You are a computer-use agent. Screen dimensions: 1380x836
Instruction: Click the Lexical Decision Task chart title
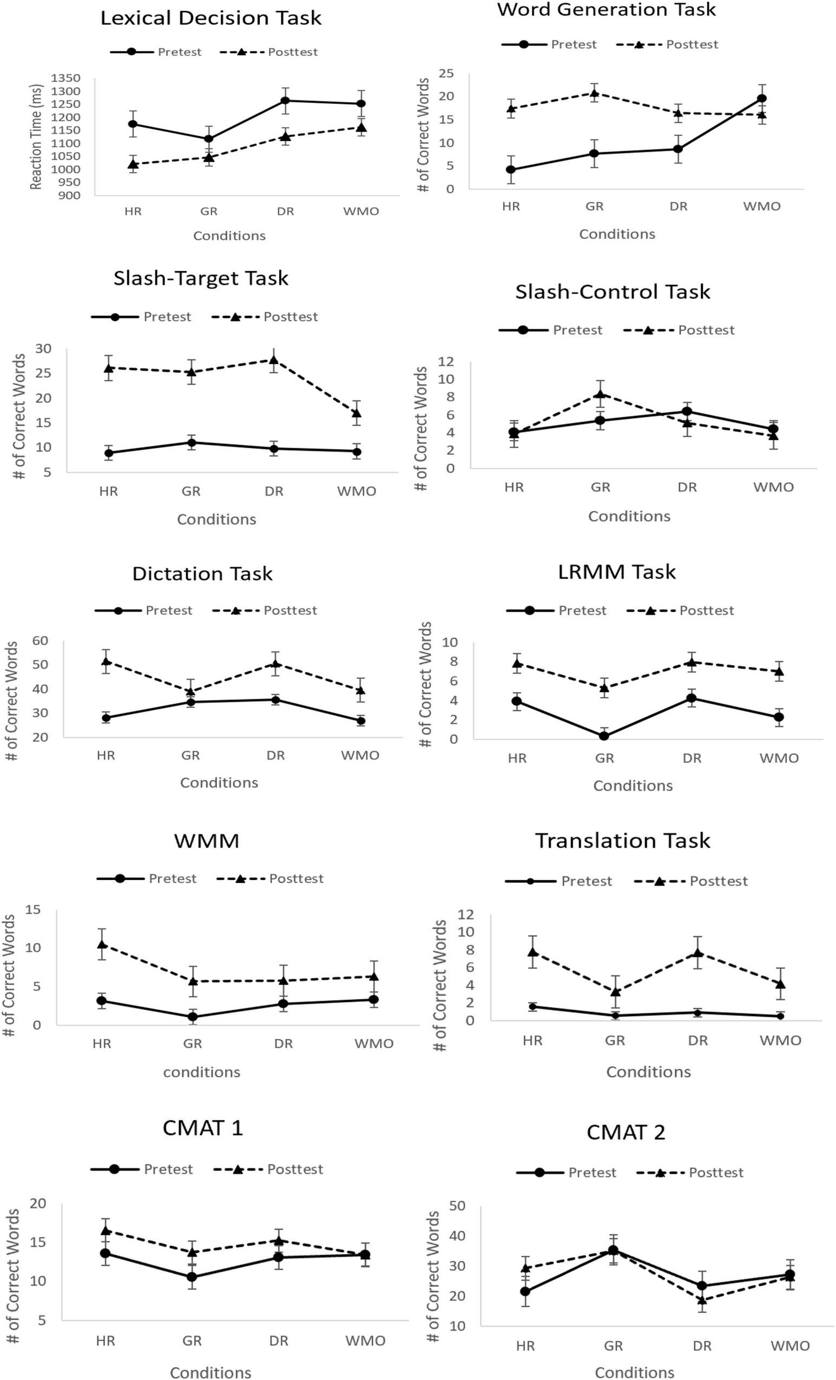[x=211, y=18]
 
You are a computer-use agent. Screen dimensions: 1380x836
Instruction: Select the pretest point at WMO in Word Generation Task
[x=762, y=99]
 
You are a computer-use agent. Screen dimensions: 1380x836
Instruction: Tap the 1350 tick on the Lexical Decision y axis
[x=66, y=78]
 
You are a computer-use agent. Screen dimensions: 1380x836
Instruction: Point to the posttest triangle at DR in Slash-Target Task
[x=274, y=359]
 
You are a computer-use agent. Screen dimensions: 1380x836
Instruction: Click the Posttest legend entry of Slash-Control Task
[x=706, y=330]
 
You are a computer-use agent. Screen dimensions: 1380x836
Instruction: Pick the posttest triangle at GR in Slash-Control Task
[x=600, y=394]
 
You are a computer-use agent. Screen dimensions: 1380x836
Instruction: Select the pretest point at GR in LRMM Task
[x=604, y=736]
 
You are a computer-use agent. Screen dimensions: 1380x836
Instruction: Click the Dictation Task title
[x=202, y=574]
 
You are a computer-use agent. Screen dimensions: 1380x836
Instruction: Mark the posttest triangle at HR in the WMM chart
[x=102, y=944]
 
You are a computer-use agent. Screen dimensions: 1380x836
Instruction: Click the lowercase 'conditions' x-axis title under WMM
[x=201, y=1072]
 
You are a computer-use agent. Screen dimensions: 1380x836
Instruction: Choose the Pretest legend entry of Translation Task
[x=586, y=881]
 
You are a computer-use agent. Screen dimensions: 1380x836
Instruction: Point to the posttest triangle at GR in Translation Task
[x=615, y=992]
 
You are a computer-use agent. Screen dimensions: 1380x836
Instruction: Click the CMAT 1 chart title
[x=203, y=1128]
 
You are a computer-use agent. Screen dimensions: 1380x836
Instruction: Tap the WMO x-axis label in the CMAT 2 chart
[x=790, y=1346]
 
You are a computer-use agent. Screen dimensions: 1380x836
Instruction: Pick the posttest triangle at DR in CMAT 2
[x=701, y=1301]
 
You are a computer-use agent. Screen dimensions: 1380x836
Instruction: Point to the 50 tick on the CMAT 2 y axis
[x=457, y=1204]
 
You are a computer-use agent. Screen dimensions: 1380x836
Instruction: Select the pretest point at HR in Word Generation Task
[x=510, y=169]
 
